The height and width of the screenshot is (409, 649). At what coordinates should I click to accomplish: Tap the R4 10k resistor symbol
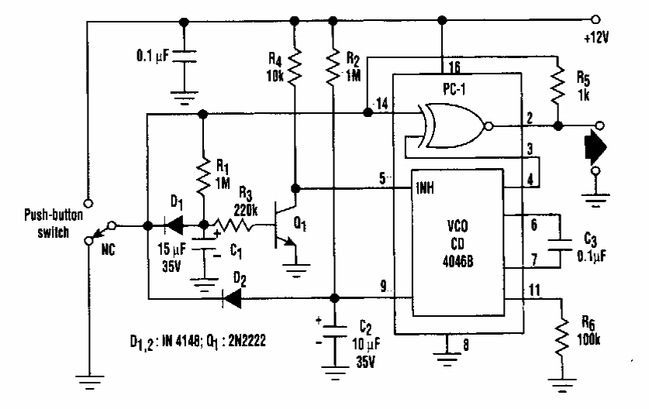point(295,68)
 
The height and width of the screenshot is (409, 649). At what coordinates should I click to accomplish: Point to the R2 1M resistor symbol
point(333,68)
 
